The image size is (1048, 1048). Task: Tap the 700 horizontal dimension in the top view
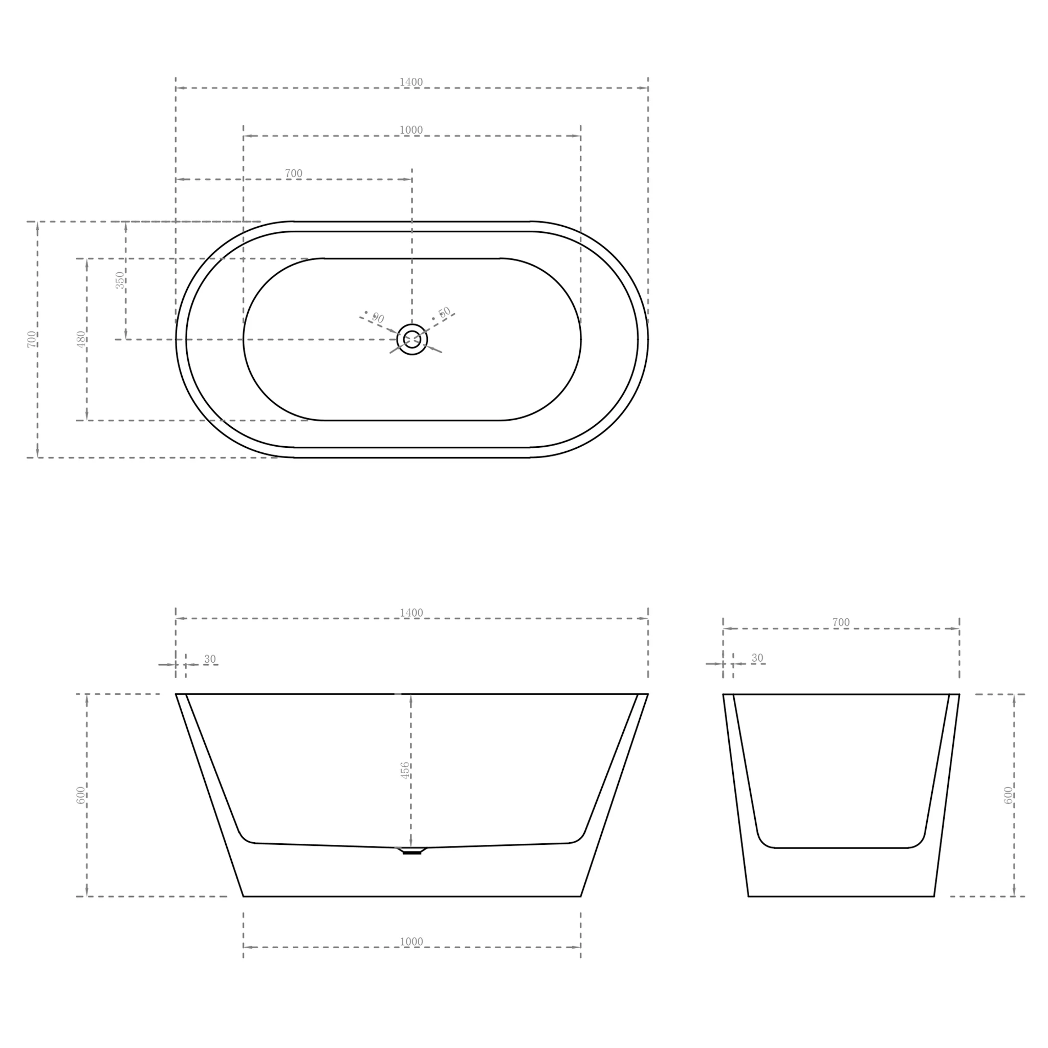(x=293, y=173)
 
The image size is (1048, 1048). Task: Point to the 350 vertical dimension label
(x=119, y=280)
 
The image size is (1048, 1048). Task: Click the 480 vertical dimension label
(x=81, y=339)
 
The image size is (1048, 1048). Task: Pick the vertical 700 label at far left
(x=31, y=339)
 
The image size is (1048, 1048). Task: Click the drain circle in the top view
(x=412, y=339)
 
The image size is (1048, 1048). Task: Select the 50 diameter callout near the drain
(x=444, y=313)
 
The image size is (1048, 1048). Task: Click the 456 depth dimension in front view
(x=405, y=770)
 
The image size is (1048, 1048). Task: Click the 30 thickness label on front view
(x=210, y=659)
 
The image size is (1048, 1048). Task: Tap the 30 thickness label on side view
(x=757, y=658)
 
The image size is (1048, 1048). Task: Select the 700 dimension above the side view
(x=841, y=622)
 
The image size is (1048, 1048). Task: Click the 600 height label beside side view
(x=1008, y=795)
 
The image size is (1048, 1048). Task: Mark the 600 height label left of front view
(x=81, y=795)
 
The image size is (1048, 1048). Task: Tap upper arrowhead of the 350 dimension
(x=126, y=227)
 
